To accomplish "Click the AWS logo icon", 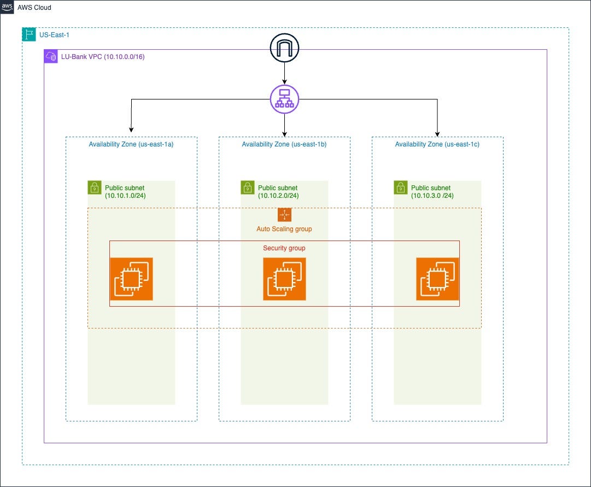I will pos(7,7).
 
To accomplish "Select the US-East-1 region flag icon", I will pos(28,34).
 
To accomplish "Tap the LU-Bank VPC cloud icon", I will pos(51,56).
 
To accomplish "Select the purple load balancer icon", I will pos(284,99).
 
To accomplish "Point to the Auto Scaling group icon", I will pos(284,215).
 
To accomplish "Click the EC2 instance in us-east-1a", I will pos(131,279).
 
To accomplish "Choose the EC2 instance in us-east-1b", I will pos(284,279).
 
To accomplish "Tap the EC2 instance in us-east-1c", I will pos(437,279).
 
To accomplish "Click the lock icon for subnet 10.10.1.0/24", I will pos(95,187).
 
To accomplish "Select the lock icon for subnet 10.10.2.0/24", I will pos(248,187).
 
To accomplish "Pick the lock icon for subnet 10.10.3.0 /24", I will pos(401,187).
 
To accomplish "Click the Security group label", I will pos(284,248).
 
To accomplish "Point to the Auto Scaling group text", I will pos(284,229).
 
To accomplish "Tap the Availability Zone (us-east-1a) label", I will pos(131,144).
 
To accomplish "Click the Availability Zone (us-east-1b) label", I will pos(284,144).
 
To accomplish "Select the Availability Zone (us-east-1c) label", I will pos(437,144).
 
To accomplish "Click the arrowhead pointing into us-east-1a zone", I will pos(131,130).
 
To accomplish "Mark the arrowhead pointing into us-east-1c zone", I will pos(437,134).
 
